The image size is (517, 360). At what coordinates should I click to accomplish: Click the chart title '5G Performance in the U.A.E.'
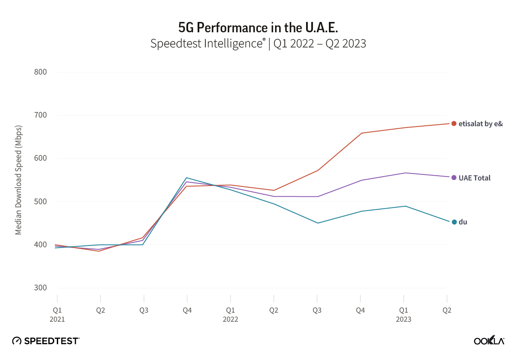tap(258, 28)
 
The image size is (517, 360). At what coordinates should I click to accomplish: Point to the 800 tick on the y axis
tap(40, 72)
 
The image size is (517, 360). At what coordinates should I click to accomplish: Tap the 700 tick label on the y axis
tap(40, 115)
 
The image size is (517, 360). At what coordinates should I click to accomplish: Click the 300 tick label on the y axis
tap(40, 288)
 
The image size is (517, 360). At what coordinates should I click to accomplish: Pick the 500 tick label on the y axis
tap(40, 202)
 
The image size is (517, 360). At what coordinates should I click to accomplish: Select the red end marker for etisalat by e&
tap(454, 124)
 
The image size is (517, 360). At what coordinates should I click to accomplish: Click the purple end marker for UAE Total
tap(454, 177)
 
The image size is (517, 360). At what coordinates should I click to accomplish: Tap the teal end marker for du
tap(454, 222)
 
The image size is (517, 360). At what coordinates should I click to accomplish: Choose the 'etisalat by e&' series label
tap(481, 124)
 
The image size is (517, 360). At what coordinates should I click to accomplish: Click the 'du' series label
tap(463, 222)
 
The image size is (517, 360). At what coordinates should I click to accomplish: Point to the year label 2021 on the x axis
tap(57, 320)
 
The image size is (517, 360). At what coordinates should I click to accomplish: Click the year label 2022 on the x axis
tap(230, 320)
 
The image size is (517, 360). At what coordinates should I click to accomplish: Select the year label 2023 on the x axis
tap(403, 320)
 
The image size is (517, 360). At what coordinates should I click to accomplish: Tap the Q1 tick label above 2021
tap(57, 310)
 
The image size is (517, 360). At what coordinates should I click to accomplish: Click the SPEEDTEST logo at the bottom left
tap(46, 341)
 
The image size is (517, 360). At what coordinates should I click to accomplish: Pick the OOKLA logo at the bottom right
tap(489, 340)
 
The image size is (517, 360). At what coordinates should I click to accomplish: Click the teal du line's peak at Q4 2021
tap(187, 177)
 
